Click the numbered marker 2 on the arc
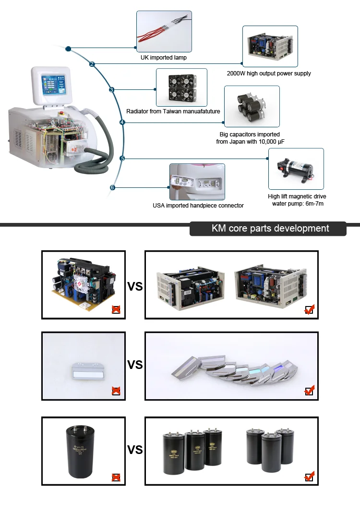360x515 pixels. point(92,64)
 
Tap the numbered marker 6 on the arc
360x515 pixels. point(112,187)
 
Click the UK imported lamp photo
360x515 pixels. point(164,31)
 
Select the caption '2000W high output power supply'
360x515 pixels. point(269,74)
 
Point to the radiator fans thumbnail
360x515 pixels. point(181,87)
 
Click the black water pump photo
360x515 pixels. point(296,169)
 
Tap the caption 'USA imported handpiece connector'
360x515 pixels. point(198,206)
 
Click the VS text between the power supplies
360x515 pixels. point(135,287)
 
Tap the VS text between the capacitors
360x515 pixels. point(135,450)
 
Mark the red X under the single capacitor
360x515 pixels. point(116,477)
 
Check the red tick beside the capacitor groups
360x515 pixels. point(310,477)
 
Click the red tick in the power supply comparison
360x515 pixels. point(310,309)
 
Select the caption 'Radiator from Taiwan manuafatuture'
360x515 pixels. point(173,111)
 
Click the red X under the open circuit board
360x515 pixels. point(116,309)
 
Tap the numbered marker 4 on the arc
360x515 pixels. point(122,123)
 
